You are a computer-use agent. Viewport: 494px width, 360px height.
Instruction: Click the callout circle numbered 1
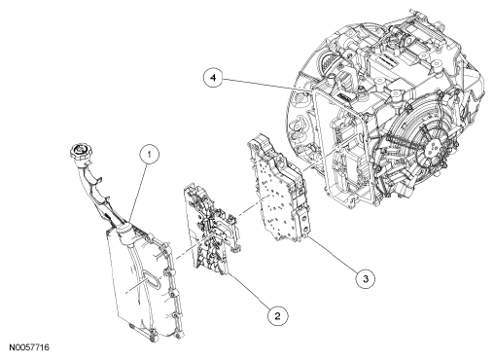pos(150,155)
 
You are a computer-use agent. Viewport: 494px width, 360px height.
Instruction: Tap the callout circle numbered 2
pos(277,315)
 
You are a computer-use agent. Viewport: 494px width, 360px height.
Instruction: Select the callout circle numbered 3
pos(366,278)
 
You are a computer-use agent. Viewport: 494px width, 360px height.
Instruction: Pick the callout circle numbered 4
pos(213,78)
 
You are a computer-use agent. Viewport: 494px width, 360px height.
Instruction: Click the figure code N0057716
pos(29,347)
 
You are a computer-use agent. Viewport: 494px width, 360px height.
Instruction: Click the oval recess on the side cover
pos(151,278)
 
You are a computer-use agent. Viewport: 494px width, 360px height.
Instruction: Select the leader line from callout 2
pos(249,291)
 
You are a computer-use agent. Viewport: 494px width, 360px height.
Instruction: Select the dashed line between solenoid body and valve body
pos(252,208)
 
